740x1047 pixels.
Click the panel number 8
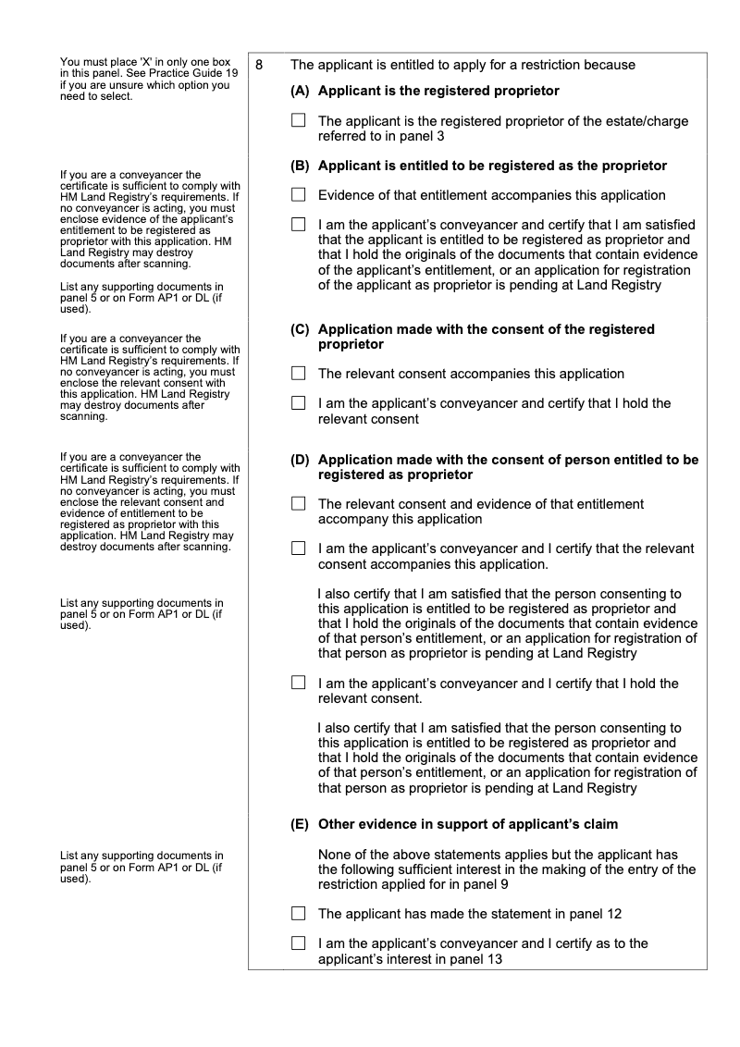(x=259, y=65)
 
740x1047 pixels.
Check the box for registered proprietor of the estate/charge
(x=298, y=120)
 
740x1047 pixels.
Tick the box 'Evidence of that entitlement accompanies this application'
(x=298, y=195)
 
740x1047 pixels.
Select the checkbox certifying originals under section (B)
(x=298, y=224)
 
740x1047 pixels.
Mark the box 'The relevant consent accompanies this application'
(x=298, y=374)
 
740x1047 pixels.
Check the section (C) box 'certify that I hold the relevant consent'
(x=298, y=403)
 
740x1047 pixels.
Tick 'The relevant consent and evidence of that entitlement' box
(x=298, y=504)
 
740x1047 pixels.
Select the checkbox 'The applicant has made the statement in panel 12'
(x=298, y=914)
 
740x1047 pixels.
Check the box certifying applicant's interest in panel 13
(x=298, y=943)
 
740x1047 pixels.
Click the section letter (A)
(x=300, y=92)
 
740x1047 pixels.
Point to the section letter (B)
(x=300, y=166)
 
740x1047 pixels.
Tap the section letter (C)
(x=300, y=329)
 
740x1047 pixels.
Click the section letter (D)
(x=300, y=460)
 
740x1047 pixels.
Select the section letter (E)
(x=300, y=824)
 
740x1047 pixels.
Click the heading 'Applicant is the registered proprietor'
(x=438, y=92)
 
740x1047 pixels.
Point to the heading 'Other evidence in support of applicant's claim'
(x=468, y=824)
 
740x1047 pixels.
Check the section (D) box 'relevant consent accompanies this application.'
(x=298, y=548)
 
